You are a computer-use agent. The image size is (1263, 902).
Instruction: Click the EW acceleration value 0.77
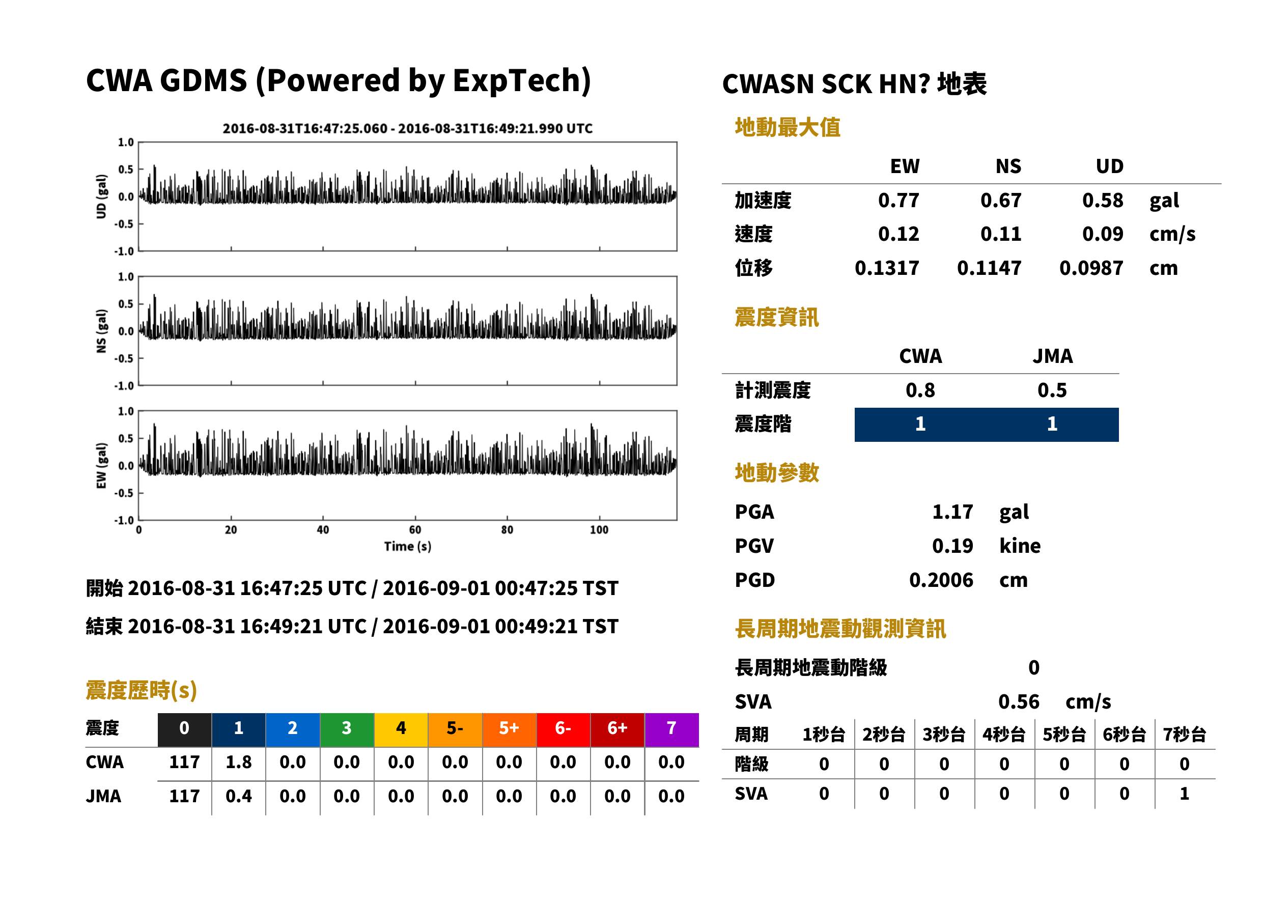[898, 201]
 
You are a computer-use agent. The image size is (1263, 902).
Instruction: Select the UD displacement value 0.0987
[1091, 268]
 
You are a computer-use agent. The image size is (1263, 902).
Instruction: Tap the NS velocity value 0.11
[1000, 234]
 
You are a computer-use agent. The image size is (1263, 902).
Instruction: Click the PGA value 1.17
[952, 512]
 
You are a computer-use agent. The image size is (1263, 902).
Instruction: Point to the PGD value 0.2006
[941, 580]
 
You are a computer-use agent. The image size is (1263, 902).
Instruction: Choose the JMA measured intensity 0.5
[1052, 390]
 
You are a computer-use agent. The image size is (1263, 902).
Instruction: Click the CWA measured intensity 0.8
[920, 390]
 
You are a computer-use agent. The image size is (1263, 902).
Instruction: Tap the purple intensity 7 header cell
[671, 729]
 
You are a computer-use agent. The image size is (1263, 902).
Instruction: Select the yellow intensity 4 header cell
[401, 729]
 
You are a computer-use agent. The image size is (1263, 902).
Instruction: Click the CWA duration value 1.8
[238, 762]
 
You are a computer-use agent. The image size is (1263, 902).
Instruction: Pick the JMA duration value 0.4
[238, 796]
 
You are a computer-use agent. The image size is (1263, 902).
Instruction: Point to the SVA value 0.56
[1019, 701]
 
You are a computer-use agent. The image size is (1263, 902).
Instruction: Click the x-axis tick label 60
[415, 530]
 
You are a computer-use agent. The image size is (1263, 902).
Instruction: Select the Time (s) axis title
[407, 547]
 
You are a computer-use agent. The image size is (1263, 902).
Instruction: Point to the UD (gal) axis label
[101, 196]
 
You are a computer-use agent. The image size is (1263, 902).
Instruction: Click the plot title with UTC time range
[408, 129]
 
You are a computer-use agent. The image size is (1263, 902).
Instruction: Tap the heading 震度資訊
[776, 317]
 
